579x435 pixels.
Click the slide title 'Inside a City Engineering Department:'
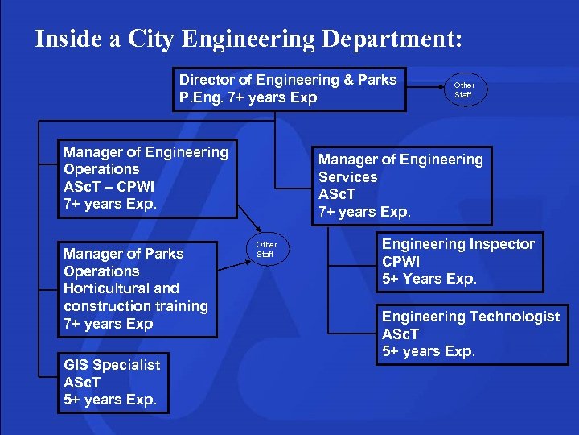(248, 39)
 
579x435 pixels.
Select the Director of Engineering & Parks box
(288, 89)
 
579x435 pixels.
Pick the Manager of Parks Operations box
(136, 288)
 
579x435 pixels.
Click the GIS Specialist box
(113, 382)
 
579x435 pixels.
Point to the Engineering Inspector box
(458, 262)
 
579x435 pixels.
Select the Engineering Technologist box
(470, 333)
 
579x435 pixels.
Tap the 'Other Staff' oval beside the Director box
(464, 89)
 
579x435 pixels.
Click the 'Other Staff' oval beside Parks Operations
(266, 249)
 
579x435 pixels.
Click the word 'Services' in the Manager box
(347, 177)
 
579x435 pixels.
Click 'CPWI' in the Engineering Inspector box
(400, 262)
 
